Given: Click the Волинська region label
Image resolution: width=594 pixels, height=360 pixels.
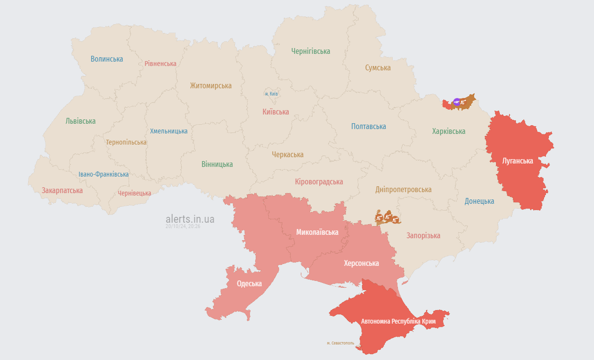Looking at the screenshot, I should coord(107,59).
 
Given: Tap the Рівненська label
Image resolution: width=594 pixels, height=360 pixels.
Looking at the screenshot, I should coord(161,64).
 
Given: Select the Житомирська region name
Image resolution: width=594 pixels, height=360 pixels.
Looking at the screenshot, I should coord(211,86).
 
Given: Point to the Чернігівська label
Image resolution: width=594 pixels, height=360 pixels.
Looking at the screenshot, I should coord(311,51).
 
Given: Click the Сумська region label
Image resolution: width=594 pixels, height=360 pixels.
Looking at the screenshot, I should coord(378,68).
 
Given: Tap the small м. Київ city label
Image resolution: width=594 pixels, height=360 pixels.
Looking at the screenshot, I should coord(271,94).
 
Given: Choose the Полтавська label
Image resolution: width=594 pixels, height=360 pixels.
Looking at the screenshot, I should coord(369,127).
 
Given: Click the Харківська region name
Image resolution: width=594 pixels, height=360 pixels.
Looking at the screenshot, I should coord(449,131).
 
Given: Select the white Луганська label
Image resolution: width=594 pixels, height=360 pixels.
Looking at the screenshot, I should coord(518,161).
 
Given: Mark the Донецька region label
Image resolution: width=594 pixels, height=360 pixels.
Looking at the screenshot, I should coord(479,201).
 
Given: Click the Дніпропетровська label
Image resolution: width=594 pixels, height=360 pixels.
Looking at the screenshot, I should coord(403,190).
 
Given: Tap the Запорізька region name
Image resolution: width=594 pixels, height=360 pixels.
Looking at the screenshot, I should coord(424,236).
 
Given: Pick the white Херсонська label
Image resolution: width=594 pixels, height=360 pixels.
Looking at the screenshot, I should coord(362,263).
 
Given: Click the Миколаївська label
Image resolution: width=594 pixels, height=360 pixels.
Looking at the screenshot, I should coord(317,232).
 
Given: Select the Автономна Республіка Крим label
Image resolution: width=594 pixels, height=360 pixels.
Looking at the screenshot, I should coord(398,322).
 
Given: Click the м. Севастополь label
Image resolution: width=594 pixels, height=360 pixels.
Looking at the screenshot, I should coord(340,343).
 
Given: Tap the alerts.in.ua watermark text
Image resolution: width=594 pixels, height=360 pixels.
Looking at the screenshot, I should coord(190,219).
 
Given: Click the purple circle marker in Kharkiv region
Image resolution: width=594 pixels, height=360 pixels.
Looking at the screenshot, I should coord(457,102).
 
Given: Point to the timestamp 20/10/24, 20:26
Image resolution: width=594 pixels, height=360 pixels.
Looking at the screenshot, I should coord(183,227).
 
